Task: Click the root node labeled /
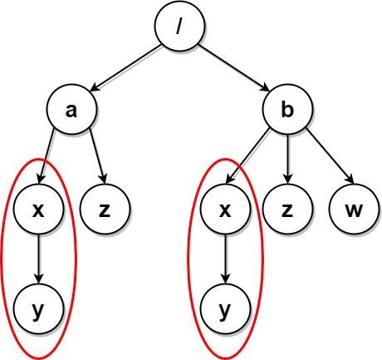coord(179,26)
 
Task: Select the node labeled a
coord(71,109)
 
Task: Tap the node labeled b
coord(287,109)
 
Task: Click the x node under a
coord(38,209)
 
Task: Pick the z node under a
coord(105,209)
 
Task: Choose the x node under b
coord(225,209)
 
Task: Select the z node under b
coord(287,209)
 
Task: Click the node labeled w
coord(354,209)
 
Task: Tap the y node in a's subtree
coord(38,308)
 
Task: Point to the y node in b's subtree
coord(225,308)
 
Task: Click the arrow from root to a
coord(125,68)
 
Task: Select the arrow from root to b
coord(234,68)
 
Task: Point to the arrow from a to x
coord(47,156)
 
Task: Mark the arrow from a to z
coord(97,156)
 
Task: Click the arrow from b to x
coord(247,156)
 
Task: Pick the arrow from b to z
coord(287,159)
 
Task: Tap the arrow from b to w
coord(330,156)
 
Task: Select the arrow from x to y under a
coord(38,259)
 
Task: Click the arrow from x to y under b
coord(225,259)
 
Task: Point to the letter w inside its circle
coord(354,210)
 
